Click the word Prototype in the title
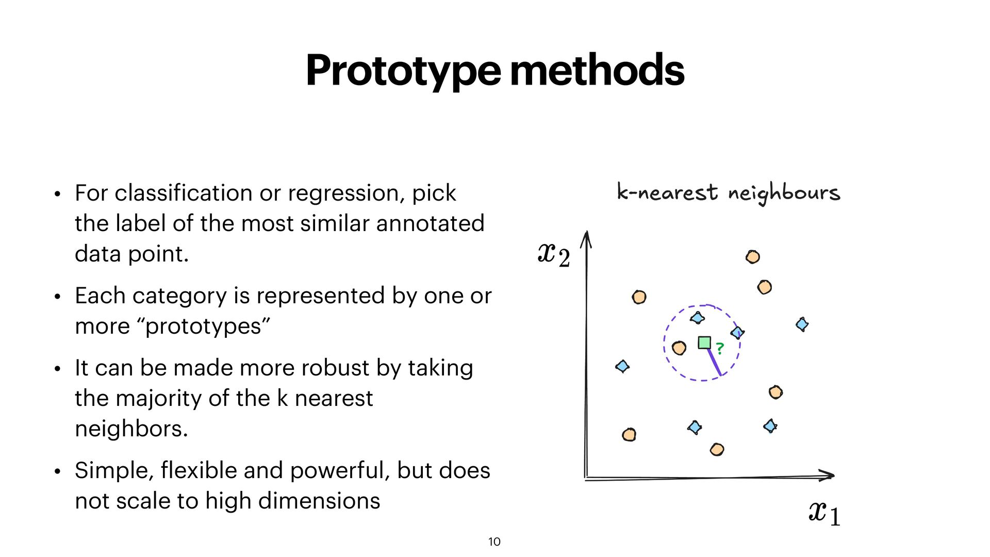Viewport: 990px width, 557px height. pos(403,71)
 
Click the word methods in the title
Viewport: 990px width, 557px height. pos(597,71)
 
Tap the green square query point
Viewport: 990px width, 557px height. pos(704,342)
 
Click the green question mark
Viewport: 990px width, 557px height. pos(720,349)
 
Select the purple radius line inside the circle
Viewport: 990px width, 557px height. pos(715,362)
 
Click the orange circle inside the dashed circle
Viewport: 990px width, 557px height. pos(679,348)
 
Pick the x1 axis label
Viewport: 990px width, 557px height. pos(824,513)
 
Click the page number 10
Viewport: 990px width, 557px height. pos(494,542)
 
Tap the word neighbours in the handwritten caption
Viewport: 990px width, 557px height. pos(784,194)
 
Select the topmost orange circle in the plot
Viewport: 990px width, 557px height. pos(753,257)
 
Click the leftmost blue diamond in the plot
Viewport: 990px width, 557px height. pos(622,367)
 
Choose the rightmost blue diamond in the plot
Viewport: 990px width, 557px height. pos(802,324)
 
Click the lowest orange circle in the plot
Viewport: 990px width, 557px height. pos(717,450)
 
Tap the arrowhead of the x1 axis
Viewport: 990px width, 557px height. pos(828,476)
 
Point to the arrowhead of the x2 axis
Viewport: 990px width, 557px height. pos(586,238)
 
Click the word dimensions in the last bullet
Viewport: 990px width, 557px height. pos(319,501)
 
